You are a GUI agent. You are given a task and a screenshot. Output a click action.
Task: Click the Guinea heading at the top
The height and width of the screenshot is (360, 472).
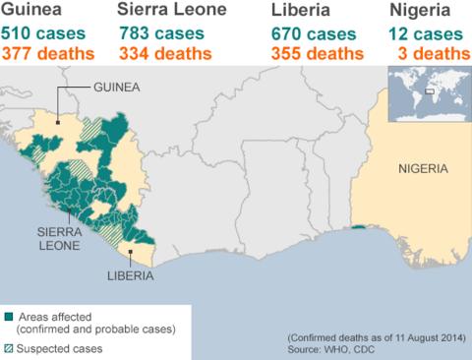pyautogui.click(x=29, y=11)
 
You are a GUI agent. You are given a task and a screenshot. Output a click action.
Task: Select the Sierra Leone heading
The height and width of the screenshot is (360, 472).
pyautogui.click(x=171, y=11)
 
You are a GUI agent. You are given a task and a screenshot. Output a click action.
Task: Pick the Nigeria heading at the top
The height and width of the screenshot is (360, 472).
pyautogui.click(x=420, y=11)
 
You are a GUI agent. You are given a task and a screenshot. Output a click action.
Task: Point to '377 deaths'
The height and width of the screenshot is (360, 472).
pyautogui.click(x=48, y=52)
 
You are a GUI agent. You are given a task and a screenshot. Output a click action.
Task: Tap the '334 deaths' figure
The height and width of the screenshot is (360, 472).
pyautogui.click(x=164, y=52)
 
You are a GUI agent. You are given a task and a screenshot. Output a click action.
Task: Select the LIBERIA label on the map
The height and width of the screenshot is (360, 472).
pyautogui.click(x=130, y=277)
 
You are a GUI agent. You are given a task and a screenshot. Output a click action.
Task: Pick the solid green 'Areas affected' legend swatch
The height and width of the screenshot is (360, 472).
pyautogui.click(x=10, y=317)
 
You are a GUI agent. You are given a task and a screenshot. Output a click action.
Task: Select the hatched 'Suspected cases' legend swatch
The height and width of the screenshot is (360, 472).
pyautogui.click(x=10, y=347)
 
